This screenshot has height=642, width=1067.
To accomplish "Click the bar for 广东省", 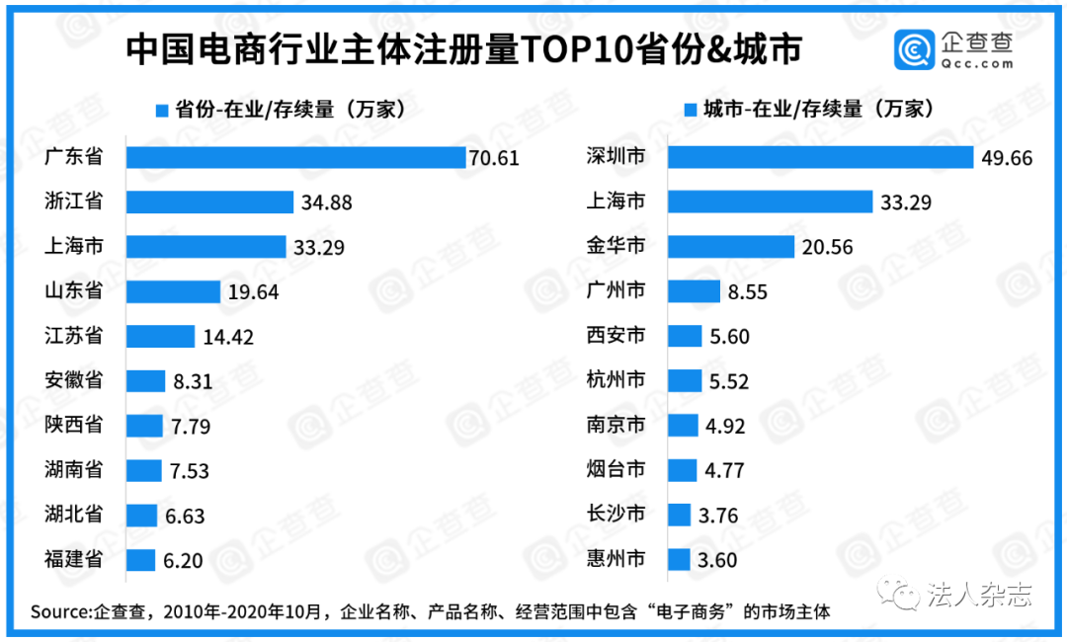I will (x=295, y=158).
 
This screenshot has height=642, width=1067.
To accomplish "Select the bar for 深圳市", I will (x=821, y=158).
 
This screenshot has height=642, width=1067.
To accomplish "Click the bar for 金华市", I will (x=731, y=247).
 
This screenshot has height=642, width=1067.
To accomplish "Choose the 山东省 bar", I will (x=173, y=291).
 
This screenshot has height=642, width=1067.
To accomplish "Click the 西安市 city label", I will (x=616, y=336).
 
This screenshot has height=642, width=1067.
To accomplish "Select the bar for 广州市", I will (x=694, y=291).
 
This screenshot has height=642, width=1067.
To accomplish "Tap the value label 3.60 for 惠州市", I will (x=717, y=560).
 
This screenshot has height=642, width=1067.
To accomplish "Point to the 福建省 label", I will (x=74, y=559).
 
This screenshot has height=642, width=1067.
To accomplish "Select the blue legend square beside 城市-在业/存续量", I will (x=690, y=110).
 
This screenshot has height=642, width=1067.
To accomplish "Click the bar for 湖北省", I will (x=141, y=515).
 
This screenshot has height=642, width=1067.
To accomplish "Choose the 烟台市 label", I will (x=616, y=469).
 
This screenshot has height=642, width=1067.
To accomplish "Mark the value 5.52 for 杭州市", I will (x=730, y=381).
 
